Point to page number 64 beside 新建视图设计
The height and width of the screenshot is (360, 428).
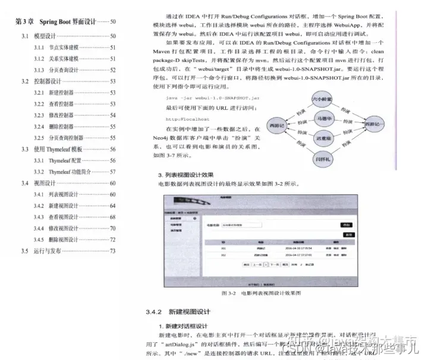[x=112, y=206]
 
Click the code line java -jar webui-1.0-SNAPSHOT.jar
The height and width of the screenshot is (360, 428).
[x=212, y=97]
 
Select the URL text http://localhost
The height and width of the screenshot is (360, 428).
[x=184, y=118]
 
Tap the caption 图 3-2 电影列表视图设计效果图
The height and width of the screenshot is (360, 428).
[x=262, y=293]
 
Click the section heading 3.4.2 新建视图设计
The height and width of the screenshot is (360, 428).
[x=178, y=312]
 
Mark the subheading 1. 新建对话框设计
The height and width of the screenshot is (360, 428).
[x=182, y=326]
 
